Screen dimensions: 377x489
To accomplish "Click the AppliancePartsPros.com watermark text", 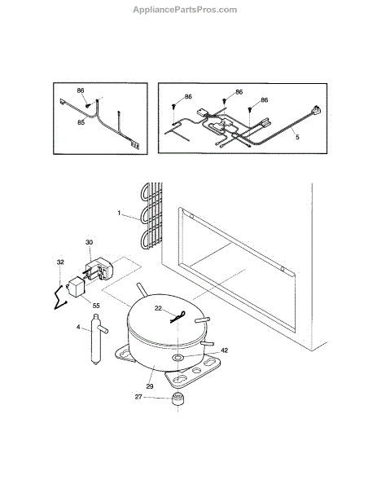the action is tap(185, 10).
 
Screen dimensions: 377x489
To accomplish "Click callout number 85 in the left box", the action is tap(81, 122).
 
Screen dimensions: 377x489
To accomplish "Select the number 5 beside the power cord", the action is tap(297, 137).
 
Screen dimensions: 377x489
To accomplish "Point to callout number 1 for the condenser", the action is tap(119, 213).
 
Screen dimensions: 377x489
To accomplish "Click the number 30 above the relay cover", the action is tap(89, 242).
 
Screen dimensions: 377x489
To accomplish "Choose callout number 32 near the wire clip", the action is tap(60, 262).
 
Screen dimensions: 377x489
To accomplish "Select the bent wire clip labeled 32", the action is tap(61, 297).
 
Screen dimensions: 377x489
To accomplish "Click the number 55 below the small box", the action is tap(96, 306).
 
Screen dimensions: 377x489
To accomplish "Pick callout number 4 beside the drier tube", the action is tap(78, 327).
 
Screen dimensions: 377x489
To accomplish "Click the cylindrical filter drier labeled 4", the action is tap(98, 340).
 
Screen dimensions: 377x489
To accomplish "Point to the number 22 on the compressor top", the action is tap(158, 308).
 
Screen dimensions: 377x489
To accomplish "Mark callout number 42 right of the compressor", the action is tap(225, 350).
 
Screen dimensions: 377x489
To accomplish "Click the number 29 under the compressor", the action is tap(150, 386).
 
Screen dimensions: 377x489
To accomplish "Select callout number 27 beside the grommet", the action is tap(138, 397).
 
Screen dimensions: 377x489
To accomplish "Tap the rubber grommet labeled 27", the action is tap(178, 399).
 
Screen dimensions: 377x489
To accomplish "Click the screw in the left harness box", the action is tap(88, 105).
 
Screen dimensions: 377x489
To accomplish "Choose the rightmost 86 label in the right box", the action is tap(264, 100).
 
